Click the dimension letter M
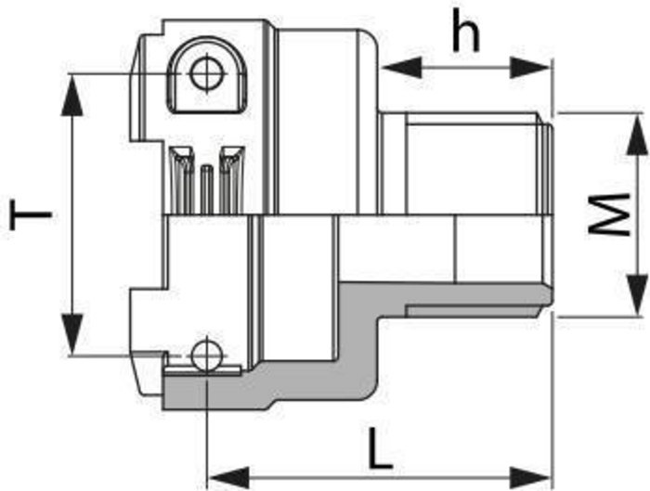[x=609, y=216]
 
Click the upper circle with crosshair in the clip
[x=202, y=72]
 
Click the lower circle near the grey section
[x=205, y=355]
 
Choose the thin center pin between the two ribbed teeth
[x=206, y=190]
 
